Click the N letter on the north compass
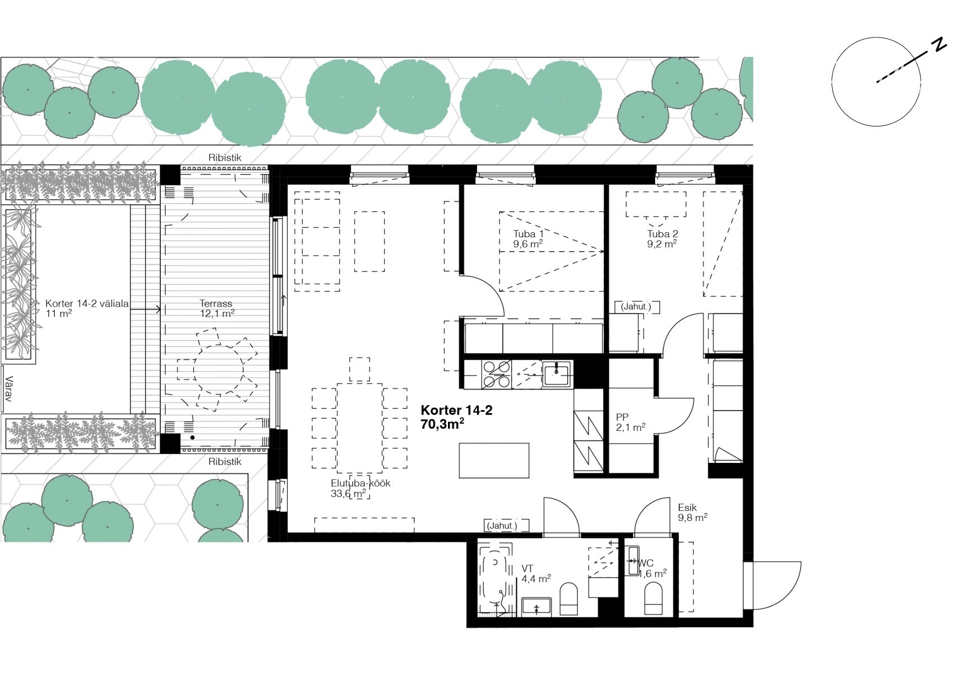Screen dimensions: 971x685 [x=939, y=45]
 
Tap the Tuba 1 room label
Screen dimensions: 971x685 [x=528, y=234]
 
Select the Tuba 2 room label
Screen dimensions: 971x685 [x=662, y=234]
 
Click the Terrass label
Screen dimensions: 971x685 [x=216, y=303]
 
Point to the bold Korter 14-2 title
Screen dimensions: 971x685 [x=456, y=410]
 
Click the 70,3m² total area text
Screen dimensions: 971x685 [x=442, y=424]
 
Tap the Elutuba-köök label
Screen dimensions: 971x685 [x=361, y=484]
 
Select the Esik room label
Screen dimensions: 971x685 [x=687, y=508]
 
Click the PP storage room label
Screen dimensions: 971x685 [x=622, y=417]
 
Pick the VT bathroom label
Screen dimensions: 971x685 [x=527, y=569]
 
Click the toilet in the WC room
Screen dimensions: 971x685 [x=653, y=598]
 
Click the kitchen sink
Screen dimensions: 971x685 [x=556, y=373]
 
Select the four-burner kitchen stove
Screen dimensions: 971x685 [x=497, y=374]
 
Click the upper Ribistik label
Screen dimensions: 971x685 [x=225, y=158]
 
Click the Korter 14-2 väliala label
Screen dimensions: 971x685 [x=87, y=304]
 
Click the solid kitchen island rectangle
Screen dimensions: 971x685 [x=494, y=460]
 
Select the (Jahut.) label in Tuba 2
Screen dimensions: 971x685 [x=636, y=307]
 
